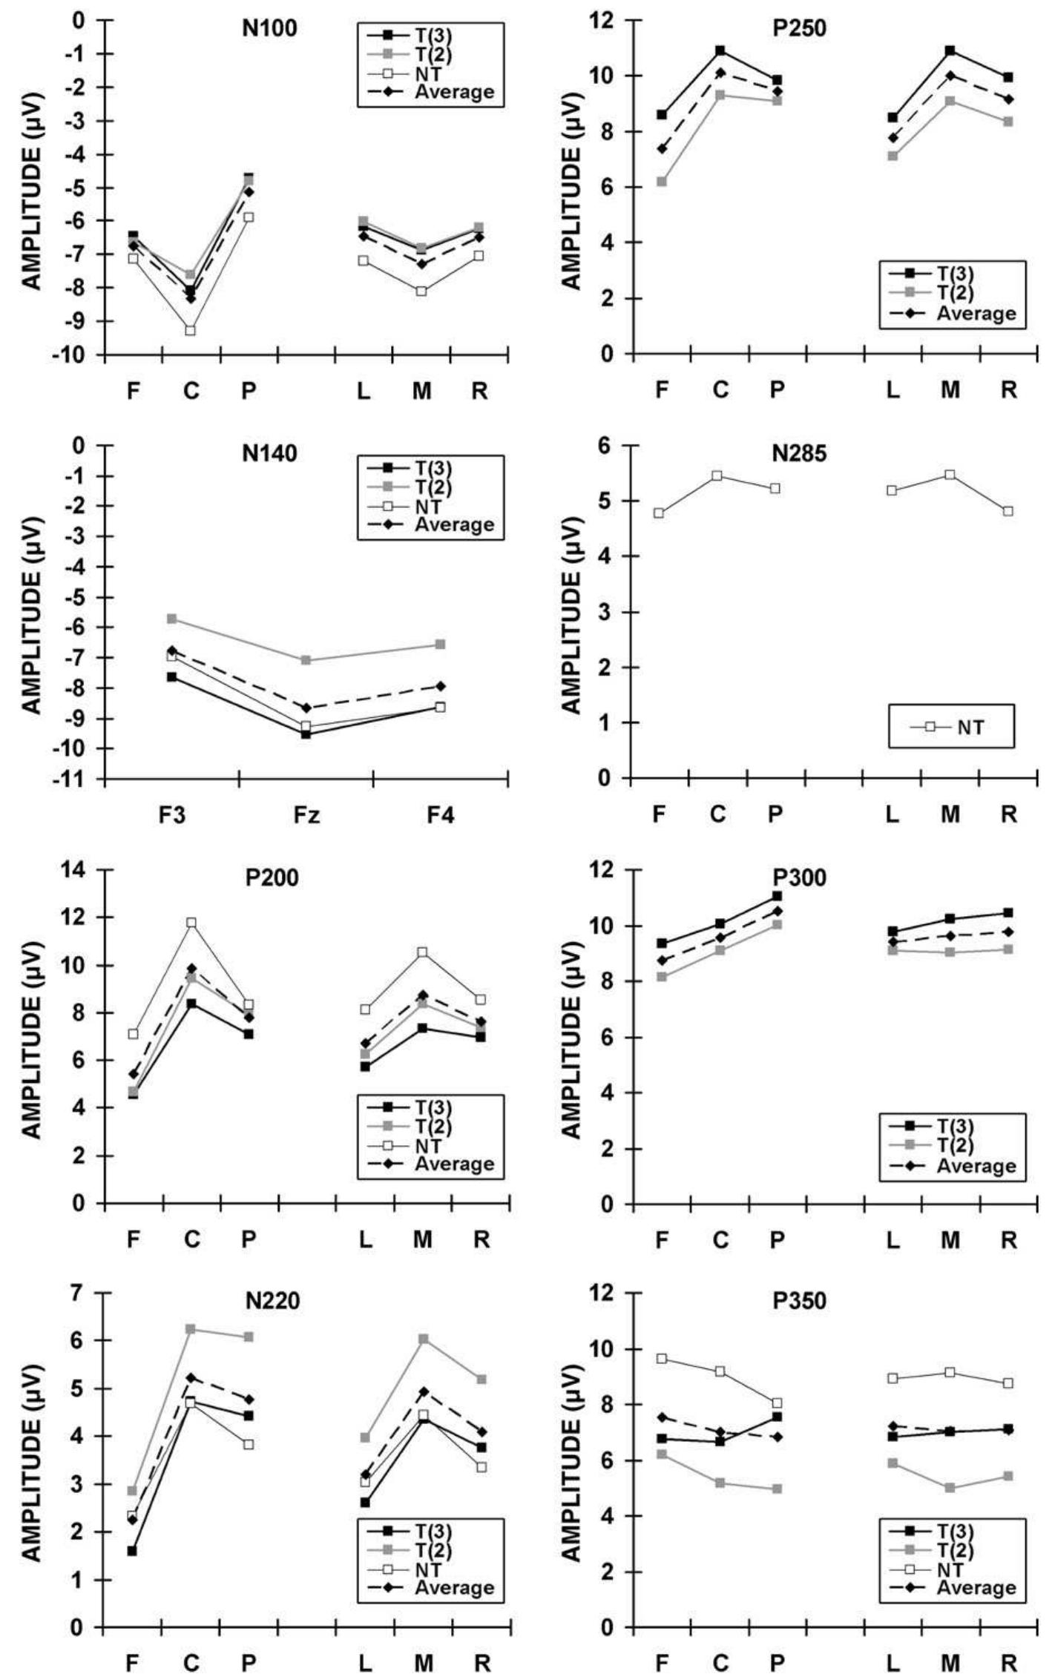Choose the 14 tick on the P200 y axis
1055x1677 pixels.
78,870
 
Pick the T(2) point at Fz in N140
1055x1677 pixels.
306,660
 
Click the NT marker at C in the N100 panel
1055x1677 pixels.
191,331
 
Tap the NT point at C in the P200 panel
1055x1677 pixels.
191,923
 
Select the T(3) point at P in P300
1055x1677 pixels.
777,896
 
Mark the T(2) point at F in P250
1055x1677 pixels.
661,182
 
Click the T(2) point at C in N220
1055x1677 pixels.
191,1329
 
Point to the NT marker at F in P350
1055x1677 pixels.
661,1359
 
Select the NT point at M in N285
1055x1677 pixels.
950,475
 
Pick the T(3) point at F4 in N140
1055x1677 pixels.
441,707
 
